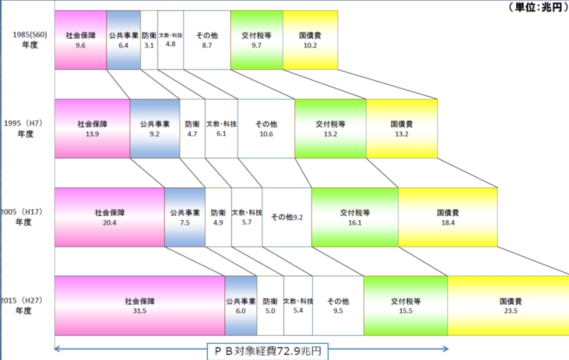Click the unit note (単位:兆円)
pos(537,7)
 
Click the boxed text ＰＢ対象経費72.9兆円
pos(266,351)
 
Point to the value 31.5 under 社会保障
pos(139,310)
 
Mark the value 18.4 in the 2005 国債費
pos(448,222)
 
